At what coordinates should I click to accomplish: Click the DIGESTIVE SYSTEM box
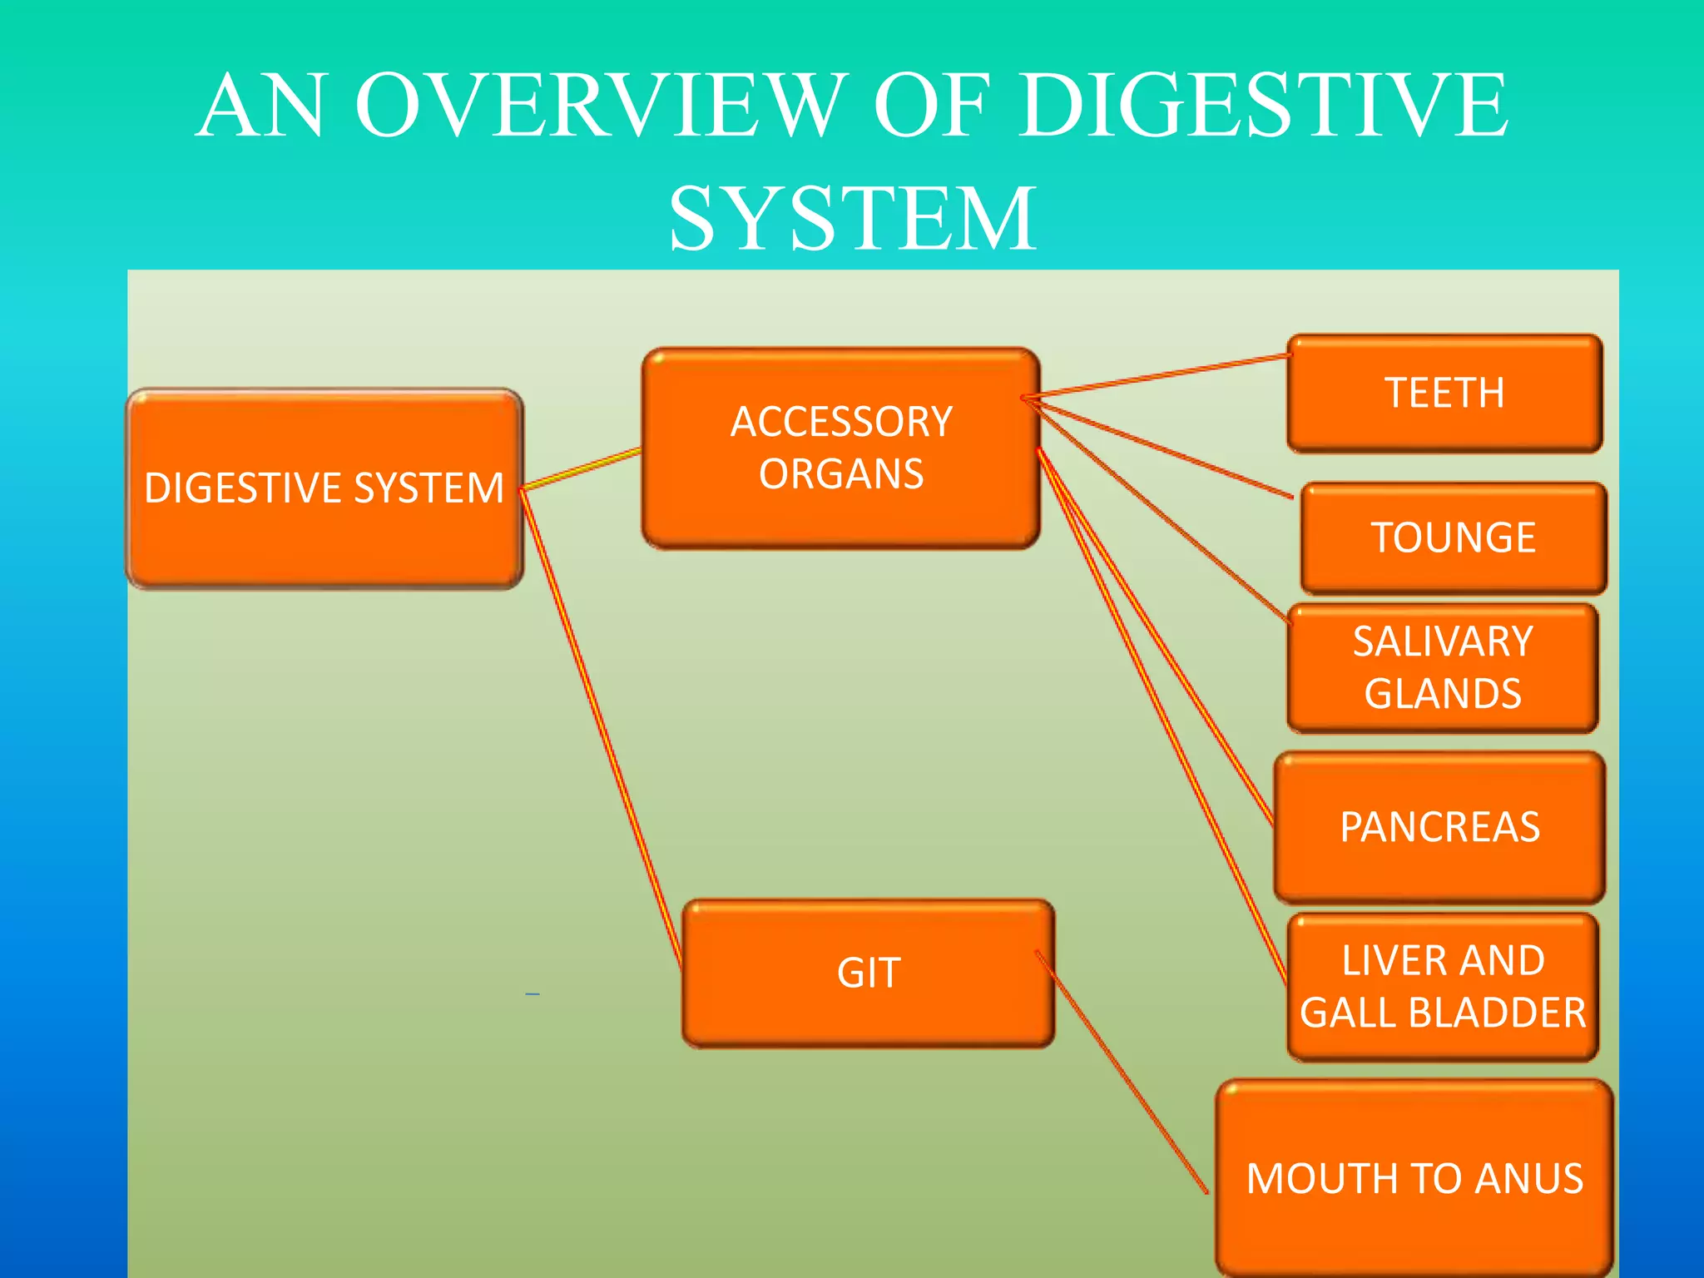tap(324, 488)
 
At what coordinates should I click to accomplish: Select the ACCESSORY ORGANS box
tap(840, 448)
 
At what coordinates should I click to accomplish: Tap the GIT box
tap(868, 973)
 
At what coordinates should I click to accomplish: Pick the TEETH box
tap(1444, 394)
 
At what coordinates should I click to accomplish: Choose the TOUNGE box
tap(1453, 537)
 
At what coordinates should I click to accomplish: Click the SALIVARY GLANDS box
tap(1442, 668)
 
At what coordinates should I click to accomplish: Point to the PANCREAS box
tap(1439, 827)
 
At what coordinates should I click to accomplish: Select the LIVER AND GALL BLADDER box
tap(1442, 987)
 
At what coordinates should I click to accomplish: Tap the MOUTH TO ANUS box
tap(1414, 1179)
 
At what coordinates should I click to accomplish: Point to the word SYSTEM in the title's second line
tap(852, 219)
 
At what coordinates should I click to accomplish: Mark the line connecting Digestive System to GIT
tap(601, 728)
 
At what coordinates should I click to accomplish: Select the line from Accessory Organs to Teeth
tap(1157, 376)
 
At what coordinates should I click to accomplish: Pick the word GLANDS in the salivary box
tap(1442, 694)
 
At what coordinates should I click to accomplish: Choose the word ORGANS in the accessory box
tap(840, 474)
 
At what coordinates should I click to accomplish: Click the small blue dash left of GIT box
tap(532, 993)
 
